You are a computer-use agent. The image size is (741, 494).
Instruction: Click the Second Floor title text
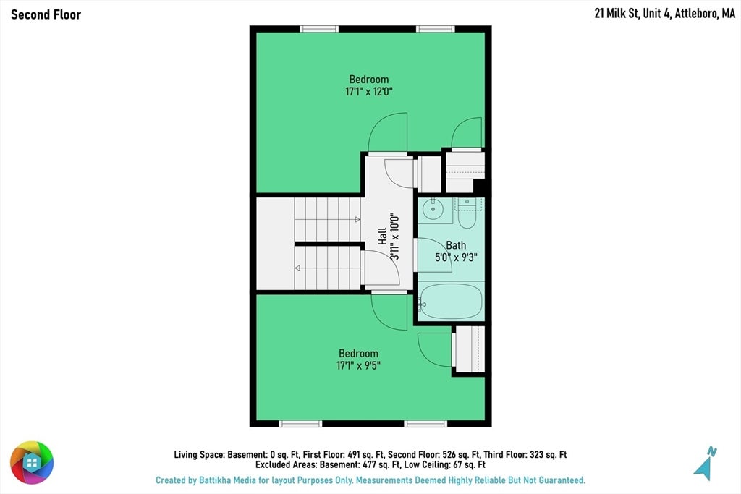click(46, 14)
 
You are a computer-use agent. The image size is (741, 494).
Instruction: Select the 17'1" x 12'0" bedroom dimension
click(369, 91)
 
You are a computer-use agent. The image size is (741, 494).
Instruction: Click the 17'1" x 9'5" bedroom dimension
click(358, 365)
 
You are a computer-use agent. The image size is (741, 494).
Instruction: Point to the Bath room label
click(456, 245)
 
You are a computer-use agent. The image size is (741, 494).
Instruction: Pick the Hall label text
click(382, 236)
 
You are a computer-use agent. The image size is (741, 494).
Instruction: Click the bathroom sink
click(433, 209)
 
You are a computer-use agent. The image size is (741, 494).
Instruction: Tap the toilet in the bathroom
click(468, 213)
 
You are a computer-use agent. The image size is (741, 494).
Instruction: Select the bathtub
click(451, 302)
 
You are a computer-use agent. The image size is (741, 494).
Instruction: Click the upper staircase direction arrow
click(357, 220)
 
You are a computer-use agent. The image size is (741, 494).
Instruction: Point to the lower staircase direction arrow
click(297, 268)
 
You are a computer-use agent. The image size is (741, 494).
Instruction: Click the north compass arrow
click(705, 464)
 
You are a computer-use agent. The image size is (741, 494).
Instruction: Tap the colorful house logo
click(32, 463)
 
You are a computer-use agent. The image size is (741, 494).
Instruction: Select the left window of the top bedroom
click(319, 29)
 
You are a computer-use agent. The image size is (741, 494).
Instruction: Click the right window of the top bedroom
click(435, 29)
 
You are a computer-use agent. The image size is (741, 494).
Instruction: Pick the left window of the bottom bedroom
click(300, 424)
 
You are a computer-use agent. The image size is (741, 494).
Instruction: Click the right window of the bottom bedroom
click(425, 424)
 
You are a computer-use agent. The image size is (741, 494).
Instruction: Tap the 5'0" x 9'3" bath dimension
click(456, 257)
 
